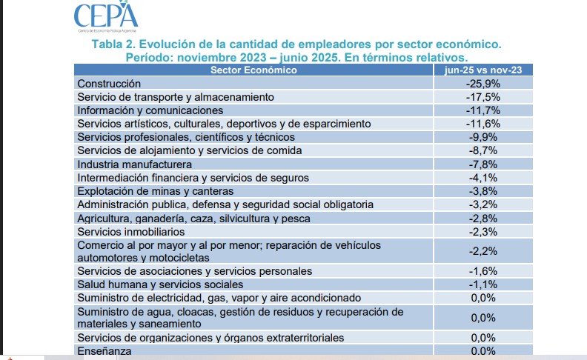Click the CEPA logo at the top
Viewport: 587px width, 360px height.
[x=106, y=17]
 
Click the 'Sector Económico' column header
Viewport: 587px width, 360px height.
[x=253, y=70]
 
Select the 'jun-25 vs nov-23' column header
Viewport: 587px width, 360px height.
[x=483, y=70]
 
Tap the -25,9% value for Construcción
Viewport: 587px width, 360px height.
[x=483, y=84]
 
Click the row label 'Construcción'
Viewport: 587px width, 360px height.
[x=109, y=84]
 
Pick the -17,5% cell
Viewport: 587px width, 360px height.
[x=483, y=97]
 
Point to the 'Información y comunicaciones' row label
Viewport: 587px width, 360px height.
[x=150, y=110]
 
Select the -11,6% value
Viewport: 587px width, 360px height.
[x=483, y=124]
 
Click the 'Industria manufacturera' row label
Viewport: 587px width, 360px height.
[x=134, y=164]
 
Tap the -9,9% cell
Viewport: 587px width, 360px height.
[x=483, y=137]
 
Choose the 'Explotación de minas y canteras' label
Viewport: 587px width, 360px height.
[x=156, y=191]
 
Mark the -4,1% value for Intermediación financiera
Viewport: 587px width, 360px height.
[x=483, y=178]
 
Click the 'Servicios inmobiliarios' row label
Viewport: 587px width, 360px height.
[x=131, y=232]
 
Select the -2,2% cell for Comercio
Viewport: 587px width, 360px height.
[x=483, y=251]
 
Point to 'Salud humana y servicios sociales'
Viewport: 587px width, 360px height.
[x=160, y=284]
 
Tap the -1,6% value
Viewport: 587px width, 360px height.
[x=483, y=271]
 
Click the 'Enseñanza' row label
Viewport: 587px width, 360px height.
[x=105, y=351]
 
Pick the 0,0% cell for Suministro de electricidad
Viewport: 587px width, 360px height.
[x=483, y=298]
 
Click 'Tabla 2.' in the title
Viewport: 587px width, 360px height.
[x=114, y=44]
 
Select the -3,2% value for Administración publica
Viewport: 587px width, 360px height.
[x=483, y=204]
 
